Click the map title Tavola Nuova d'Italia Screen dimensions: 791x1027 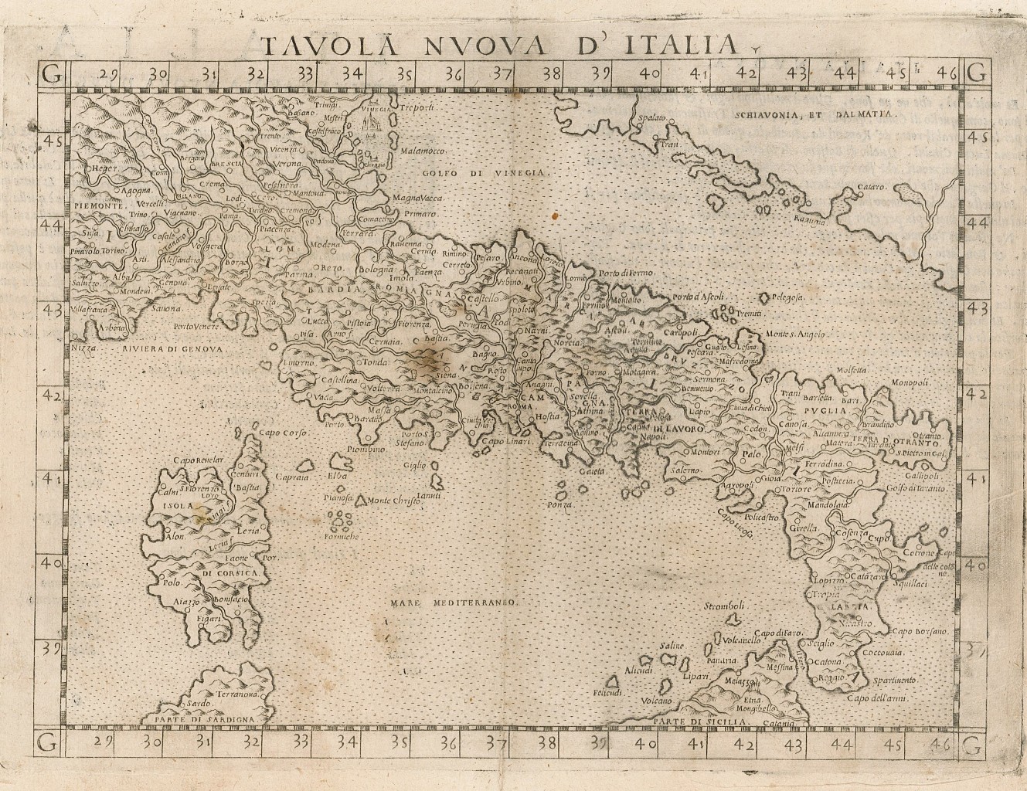(499, 44)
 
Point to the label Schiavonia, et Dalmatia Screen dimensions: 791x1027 (809, 114)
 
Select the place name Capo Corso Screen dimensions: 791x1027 (287, 433)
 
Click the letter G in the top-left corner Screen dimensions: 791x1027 (51, 75)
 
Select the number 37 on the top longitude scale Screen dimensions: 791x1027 (502, 74)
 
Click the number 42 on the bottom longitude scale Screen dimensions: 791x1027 (745, 745)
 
